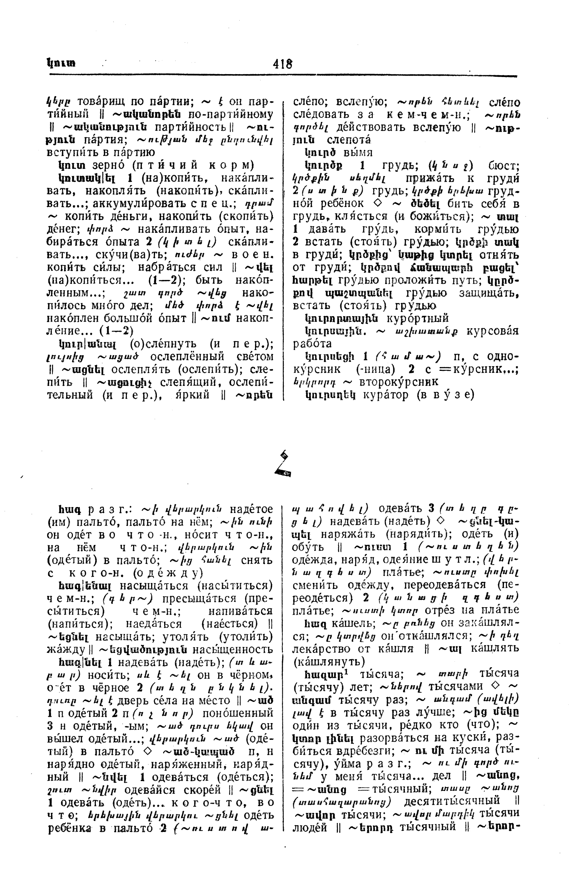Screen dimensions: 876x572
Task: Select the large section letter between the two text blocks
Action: (x=283, y=464)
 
